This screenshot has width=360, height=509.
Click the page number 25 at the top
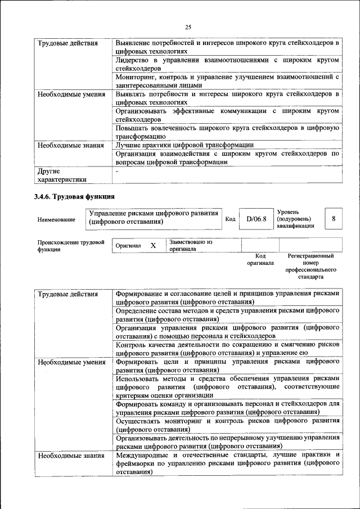(x=187, y=26)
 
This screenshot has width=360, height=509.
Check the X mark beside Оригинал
(x=153, y=246)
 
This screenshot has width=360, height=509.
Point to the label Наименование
(x=56, y=219)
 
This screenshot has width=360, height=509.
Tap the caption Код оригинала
(x=260, y=259)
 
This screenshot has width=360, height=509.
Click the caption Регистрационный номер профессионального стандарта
(x=310, y=267)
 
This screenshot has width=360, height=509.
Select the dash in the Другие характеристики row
(x=116, y=170)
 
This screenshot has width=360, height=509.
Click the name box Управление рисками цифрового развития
(x=154, y=218)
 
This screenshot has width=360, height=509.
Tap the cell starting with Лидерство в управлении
(x=227, y=64)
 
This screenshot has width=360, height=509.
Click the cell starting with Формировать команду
(x=227, y=408)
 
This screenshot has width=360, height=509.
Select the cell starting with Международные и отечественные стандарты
(x=227, y=463)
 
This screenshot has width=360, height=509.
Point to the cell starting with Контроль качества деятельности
(x=227, y=349)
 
